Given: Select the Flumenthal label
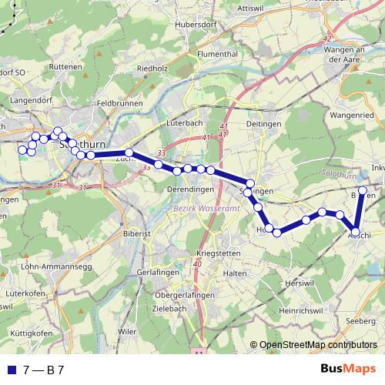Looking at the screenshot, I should pyautogui.click(x=221, y=55).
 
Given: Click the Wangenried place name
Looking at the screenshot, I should pyautogui.click(x=351, y=115).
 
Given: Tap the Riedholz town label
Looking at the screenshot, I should pyautogui.click(x=152, y=69).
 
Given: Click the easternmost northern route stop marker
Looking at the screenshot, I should pyautogui.click(x=363, y=189).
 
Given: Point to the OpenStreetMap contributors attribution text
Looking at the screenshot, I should pyautogui.click(x=319, y=345).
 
